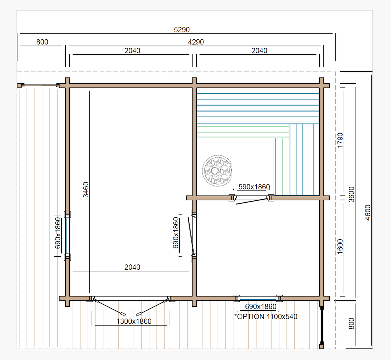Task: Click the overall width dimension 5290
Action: tap(182, 30)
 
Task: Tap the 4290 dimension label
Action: tap(196, 42)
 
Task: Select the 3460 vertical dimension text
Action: tap(86, 190)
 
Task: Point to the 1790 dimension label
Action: tap(340, 140)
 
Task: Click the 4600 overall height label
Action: tap(368, 212)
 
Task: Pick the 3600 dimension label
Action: tap(351, 194)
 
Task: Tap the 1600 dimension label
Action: tap(340, 247)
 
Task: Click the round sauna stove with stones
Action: tap(217, 170)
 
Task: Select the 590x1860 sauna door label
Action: tap(254, 187)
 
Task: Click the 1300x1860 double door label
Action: tap(134, 321)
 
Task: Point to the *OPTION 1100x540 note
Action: tap(266, 316)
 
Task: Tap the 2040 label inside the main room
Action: tap(132, 267)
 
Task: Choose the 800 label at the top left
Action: tap(42, 42)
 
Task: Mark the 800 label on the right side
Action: tap(351, 323)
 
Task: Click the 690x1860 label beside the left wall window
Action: tap(58, 233)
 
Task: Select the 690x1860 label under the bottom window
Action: tap(261, 307)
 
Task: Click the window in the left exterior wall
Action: tap(67, 236)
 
